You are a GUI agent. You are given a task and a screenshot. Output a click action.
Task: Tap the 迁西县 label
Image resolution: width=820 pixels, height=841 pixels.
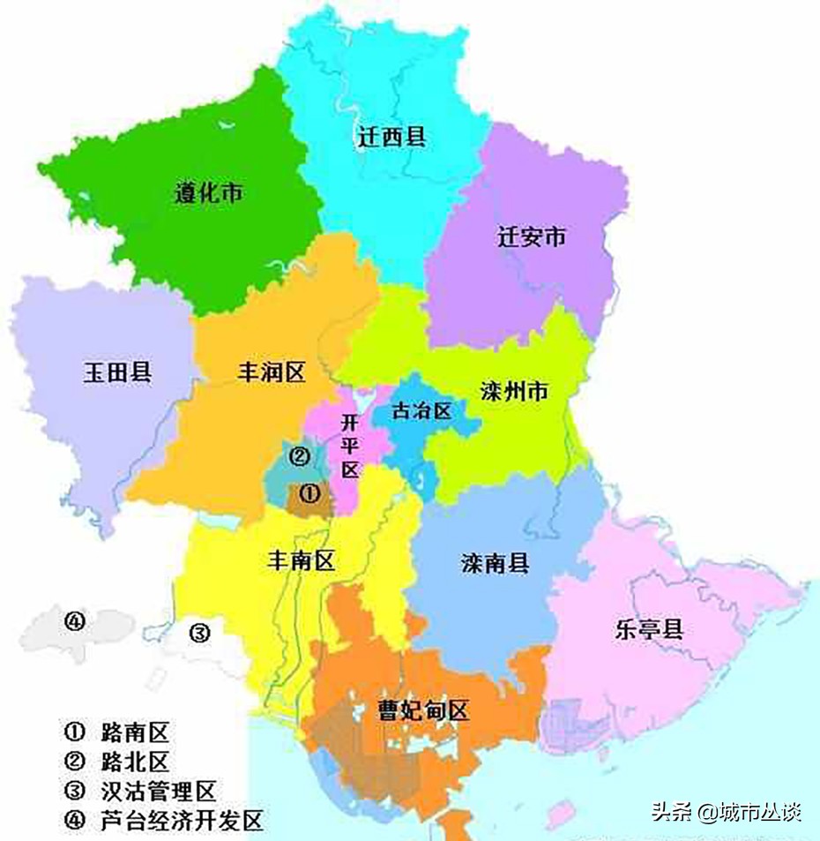click(x=392, y=137)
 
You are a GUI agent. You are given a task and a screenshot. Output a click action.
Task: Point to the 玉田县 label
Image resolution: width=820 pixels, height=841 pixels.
click(x=117, y=372)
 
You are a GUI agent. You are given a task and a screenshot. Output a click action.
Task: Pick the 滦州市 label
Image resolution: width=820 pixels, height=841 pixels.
click(x=515, y=391)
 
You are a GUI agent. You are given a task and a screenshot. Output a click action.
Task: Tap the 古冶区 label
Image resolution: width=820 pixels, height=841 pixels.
click(x=421, y=411)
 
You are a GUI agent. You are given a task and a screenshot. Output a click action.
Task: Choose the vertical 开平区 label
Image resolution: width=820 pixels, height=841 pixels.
click(x=350, y=447)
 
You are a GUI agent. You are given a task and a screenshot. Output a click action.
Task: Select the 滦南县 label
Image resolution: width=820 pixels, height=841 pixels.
click(x=496, y=563)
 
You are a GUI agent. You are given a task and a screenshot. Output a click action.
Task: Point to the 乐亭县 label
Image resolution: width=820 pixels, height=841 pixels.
click(x=650, y=629)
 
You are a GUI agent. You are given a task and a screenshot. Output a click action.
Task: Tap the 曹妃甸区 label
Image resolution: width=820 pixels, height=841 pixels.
click(x=423, y=710)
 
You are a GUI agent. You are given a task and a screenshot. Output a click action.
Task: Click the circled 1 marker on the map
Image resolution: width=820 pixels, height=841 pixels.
click(x=309, y=492)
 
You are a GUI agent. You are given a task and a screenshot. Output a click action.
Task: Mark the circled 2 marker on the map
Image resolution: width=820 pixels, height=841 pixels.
click(x=299, y=456)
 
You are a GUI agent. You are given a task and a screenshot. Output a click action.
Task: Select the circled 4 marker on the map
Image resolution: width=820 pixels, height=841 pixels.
click(x=73, y=621)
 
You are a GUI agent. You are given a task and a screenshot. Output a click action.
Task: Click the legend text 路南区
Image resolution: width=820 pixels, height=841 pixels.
click(x=134, y=732)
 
